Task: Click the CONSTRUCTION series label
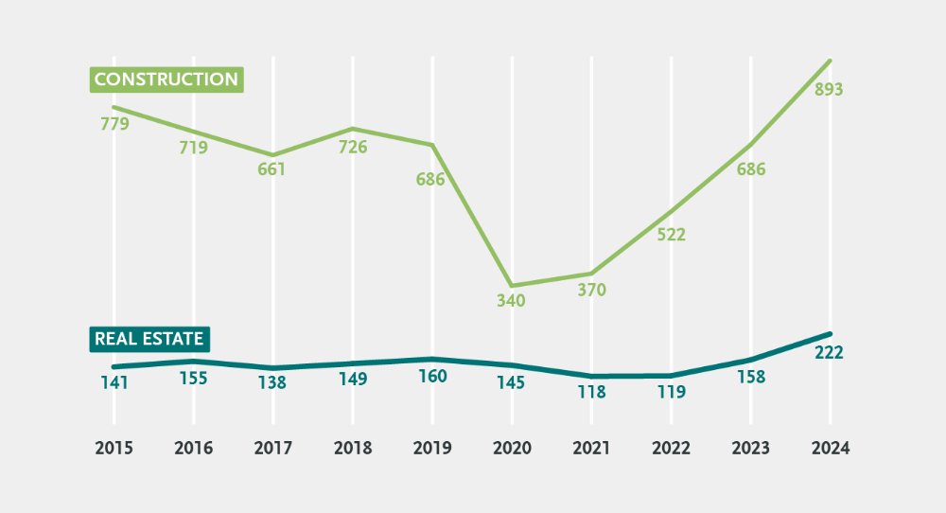coord(166,80)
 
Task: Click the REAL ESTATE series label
coord(149,339)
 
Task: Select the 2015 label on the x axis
coord(114,448)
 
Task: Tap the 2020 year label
coord(512,448)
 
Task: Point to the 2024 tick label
coord(830,448)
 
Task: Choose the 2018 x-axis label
coord(352,448)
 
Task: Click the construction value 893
coord(829,90)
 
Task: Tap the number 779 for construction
coord(114,124)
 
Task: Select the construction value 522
coord(671,235)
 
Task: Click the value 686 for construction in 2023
coord(750,170)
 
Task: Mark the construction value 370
coord(591,291)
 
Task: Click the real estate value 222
coord(829,353)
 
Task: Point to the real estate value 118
coord(591,391)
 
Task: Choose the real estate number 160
coord(431,376)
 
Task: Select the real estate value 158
coord(750,377)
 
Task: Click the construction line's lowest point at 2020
coord(512,285)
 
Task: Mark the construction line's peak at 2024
coord(830,61)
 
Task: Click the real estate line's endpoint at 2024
coord(830,334)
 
